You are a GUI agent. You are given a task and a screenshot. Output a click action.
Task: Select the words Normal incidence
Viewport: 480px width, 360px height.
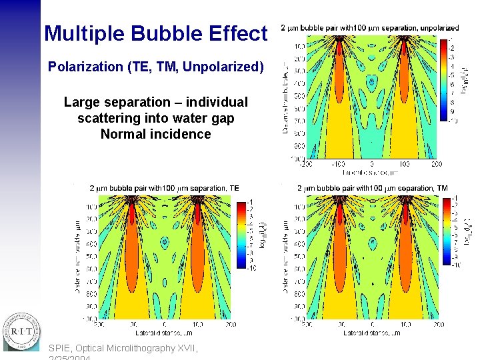(x=155, y=134)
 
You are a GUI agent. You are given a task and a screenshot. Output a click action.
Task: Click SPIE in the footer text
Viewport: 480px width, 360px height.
(x=61, y=348)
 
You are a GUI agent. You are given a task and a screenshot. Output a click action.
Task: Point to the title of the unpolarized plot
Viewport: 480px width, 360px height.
(x=369, y=28)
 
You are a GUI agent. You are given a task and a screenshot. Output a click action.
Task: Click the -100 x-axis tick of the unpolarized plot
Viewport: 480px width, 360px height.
(x=339, y=164)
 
